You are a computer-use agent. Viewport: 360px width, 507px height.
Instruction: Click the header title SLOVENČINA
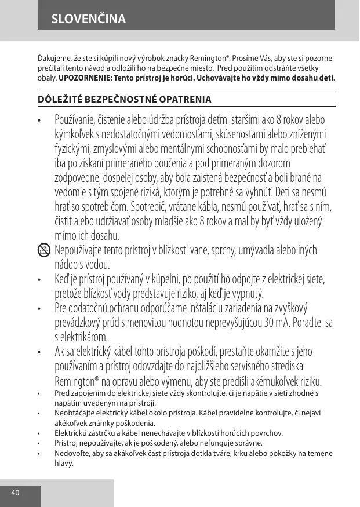point(88,19)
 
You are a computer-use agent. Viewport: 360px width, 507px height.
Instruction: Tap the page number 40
point(15,493)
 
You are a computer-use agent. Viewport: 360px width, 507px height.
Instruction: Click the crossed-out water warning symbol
point(43,250)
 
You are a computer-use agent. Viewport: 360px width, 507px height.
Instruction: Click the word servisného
point(250,366)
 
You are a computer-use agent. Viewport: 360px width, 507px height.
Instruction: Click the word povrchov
point(266,433)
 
